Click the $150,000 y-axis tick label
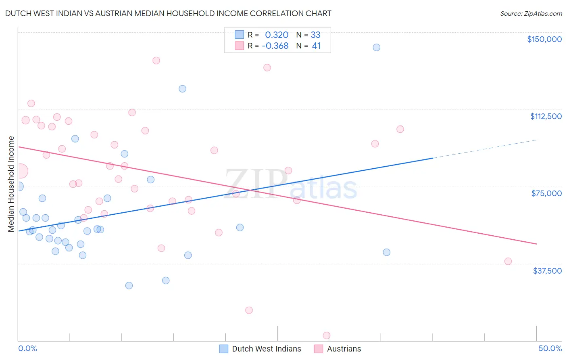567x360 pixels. click(544, 39)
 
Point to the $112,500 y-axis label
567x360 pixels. click(546, 116)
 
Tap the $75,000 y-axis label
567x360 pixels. click(546, 193)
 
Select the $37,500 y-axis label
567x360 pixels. click(547, 271)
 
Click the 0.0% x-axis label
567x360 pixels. click(27, 348)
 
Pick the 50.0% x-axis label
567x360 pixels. click(550, 348)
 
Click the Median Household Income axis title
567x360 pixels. click(11, 184)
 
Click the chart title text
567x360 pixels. click(168, 13)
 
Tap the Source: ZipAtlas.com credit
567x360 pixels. click(531, 14)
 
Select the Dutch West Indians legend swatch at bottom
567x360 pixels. click(224, 349)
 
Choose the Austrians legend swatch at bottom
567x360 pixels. click(319, 349)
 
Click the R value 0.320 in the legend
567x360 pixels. click(277, 35)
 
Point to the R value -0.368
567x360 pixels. click(275, 46)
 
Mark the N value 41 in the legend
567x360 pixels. click(316, 46)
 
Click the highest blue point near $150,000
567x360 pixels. click(376, 47)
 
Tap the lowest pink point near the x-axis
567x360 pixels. click(327, 335)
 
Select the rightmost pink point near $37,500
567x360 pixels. click(508, 261)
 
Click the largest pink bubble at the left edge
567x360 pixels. click(20, 171)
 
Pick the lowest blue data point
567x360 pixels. click(129, 285)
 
